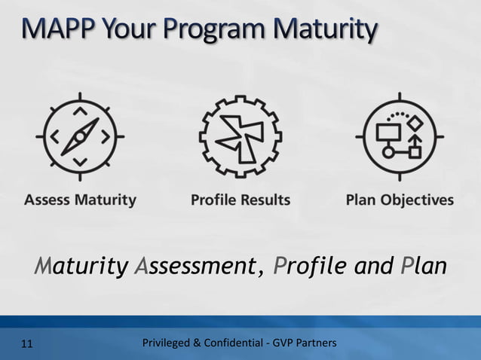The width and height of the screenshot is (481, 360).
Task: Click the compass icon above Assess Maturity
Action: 80,137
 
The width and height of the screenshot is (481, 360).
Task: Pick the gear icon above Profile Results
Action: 240,137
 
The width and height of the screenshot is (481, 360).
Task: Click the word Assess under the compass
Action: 48,200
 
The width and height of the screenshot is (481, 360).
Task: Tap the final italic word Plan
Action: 424,267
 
